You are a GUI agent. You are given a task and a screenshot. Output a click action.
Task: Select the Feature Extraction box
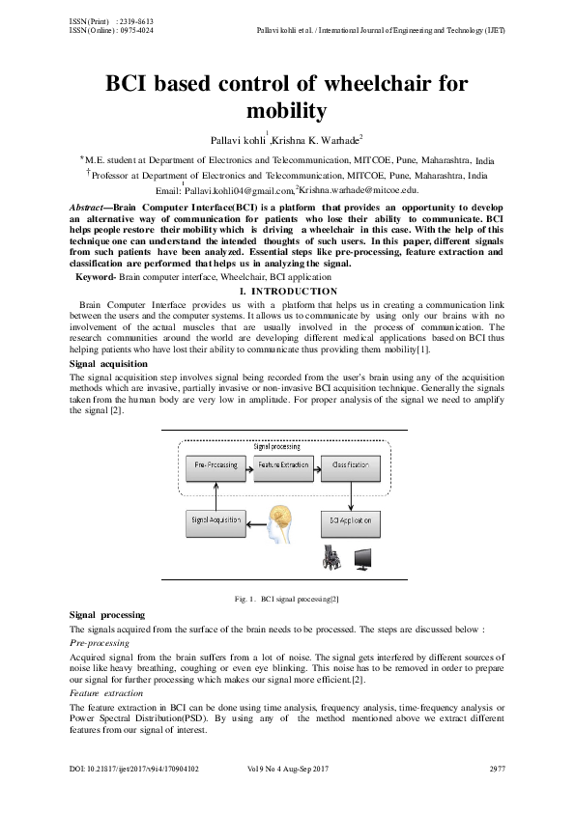pyautogui.click(x=283, y=465)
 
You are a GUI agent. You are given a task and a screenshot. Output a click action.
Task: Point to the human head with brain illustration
pyautogui.click(x=282, y=521)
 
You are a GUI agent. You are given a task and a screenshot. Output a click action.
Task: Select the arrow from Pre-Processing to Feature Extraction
pyautogui.click(x=249, y=465)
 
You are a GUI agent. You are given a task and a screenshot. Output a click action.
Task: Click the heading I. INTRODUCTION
pyautogui.click(x=287, y=292)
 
